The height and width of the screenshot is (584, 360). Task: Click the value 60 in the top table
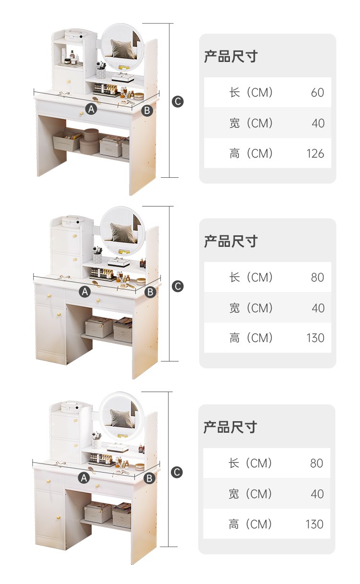pyautogui.click(x=317, y=92)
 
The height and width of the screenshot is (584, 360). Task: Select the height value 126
pyautogui.click(x=315, y=154)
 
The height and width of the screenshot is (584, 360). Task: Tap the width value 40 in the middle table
pyautogui.click(x=318, y=308)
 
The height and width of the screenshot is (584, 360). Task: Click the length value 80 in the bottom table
pyautogui.click(x=317, y=463)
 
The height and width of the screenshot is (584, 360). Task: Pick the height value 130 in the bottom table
pyautogui.click(x=314, y=524)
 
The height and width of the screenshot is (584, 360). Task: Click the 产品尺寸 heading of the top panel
pyautogui.click(x=230, y=56)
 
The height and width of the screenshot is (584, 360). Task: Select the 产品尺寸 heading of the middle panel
pyautogui.click(x=230, y=241)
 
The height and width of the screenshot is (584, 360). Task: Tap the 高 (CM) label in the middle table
pyautogui.click(x=251, y=338)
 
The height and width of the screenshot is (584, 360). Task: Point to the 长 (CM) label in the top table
pyautogui.click(x=251, y=92)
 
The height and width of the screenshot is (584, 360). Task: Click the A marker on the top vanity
pyautogui.click(x=92, y=109)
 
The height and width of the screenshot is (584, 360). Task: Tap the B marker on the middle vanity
pyautogui.click(x=150, y=292)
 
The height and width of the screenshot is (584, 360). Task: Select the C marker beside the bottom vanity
pyautogui.click(x=178, y=472)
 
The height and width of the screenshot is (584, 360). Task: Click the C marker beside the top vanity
pyautogui.click(x=178, y=101)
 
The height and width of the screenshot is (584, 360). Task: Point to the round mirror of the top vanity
pyautogui.click(x=122, y=47)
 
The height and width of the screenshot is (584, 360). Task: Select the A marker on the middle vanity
pyautogui.click(x=85, y=292)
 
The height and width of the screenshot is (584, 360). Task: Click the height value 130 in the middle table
pyautogui.click(x=315, y=338)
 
